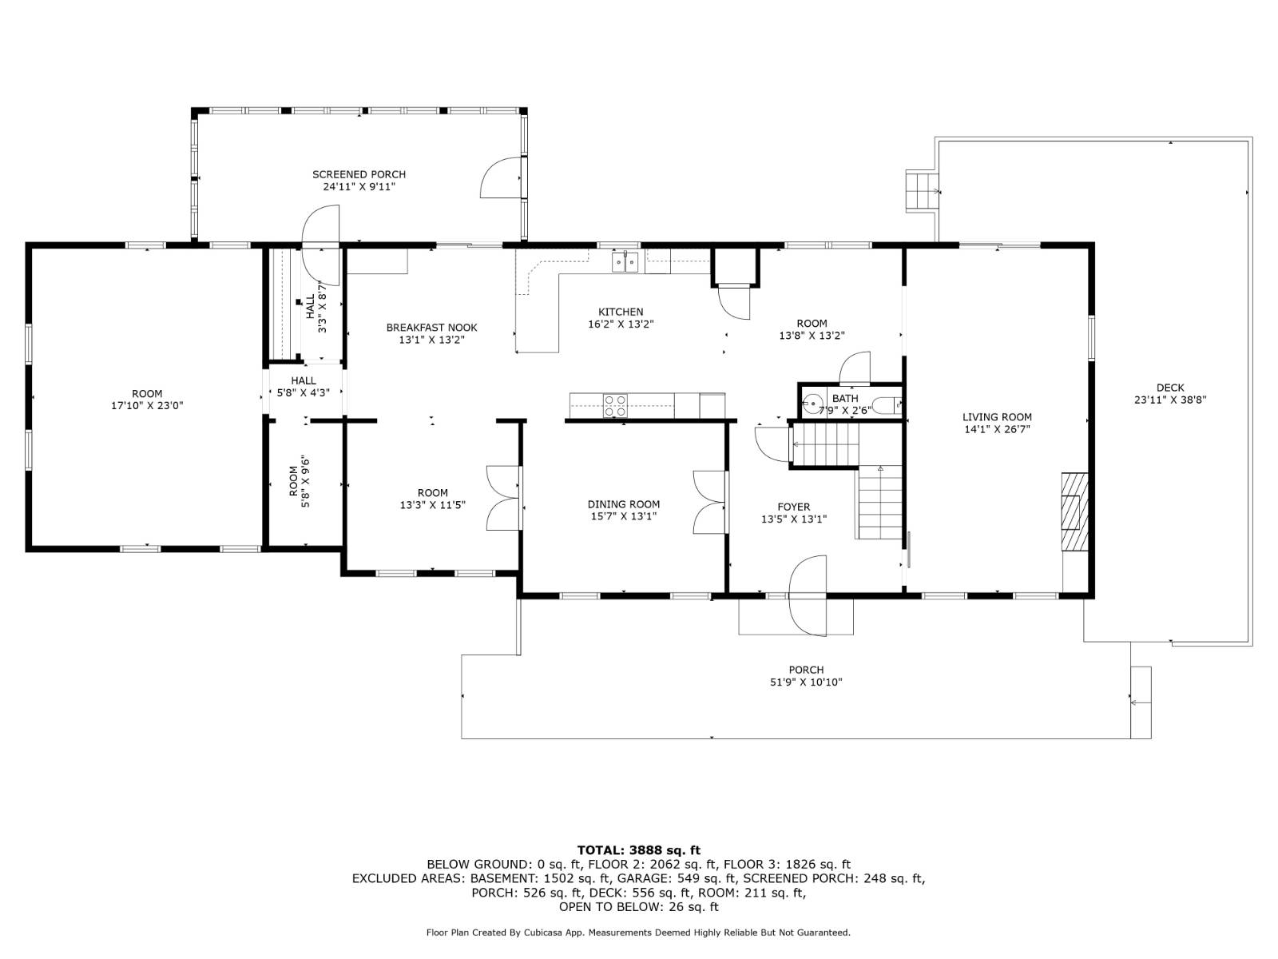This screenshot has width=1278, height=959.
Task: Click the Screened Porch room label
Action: tap(359, 174)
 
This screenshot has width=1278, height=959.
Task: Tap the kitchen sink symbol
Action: tap(625, 261)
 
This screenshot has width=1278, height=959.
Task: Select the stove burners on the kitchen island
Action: tap(615, 405)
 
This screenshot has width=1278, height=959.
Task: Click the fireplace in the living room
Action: tap(1074, 511)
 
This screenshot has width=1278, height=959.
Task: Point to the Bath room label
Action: tap(844, 398)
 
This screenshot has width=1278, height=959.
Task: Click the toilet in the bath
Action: tap(886, 406)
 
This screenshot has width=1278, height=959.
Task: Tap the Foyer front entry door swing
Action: tap(807, 595)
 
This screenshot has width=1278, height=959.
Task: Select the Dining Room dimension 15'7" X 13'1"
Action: tap(623, 517)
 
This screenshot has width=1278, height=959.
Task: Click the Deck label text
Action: tap(1169, 388)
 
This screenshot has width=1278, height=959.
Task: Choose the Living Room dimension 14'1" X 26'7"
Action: tap(997, 429)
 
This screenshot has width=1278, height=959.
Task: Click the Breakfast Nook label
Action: tap(431, 328)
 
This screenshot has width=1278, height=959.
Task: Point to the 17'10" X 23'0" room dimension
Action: tap(147, 406)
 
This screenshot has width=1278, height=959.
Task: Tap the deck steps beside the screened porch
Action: tap(922, 191)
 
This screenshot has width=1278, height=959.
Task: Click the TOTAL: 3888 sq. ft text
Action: tap(638, 850)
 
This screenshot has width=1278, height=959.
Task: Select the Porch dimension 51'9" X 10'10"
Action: tap(805, 682)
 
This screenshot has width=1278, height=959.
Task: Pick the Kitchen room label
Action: tap(621, 312)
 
